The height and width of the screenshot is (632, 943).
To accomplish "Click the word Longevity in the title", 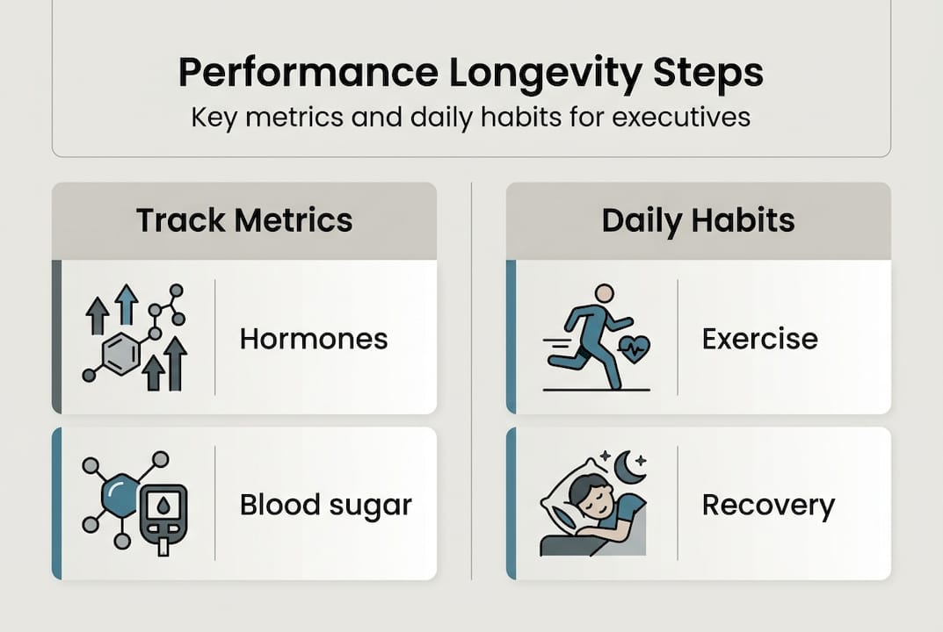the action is click(546, 74).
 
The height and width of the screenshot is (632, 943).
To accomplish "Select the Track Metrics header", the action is click(244, 219).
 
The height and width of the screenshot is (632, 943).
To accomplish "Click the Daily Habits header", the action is click(698, 220).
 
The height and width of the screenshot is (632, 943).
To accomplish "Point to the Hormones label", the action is click(314, 339).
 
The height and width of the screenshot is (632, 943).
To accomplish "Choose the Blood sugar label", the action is click(326, 506).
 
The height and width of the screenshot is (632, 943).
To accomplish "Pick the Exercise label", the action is click(759, 339).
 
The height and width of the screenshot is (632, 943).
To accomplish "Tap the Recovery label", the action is click(769, 506).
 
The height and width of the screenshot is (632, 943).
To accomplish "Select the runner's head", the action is click(604, 294).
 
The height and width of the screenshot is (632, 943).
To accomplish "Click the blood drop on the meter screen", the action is click(163, 506).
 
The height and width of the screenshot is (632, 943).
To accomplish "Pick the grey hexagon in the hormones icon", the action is click(121, 354).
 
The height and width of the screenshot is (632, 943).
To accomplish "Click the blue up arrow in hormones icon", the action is click(127, 304).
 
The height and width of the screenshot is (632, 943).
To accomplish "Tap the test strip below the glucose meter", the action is click(163, 545).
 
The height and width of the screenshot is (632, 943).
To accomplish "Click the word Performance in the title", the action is click(308, 73).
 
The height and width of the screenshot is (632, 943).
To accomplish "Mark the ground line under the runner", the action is click(597, 390).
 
